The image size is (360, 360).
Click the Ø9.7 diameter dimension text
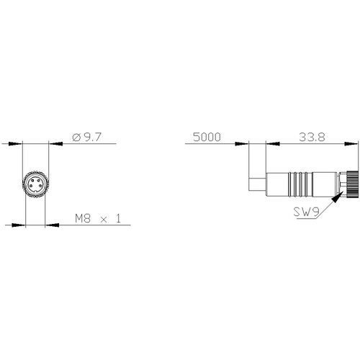tap(87, 137)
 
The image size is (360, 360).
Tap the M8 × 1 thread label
tap(98, 219)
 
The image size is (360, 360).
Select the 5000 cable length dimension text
tap(207, 137)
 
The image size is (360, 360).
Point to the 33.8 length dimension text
tap(312, 137)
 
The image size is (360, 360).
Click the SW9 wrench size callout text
tap(306, 212)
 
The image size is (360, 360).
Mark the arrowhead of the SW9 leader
tap(336, 198)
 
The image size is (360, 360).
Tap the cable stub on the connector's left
tap(258, 184)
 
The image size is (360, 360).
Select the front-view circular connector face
tap(36, 184)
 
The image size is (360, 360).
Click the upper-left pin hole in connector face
tap(32, 180)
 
